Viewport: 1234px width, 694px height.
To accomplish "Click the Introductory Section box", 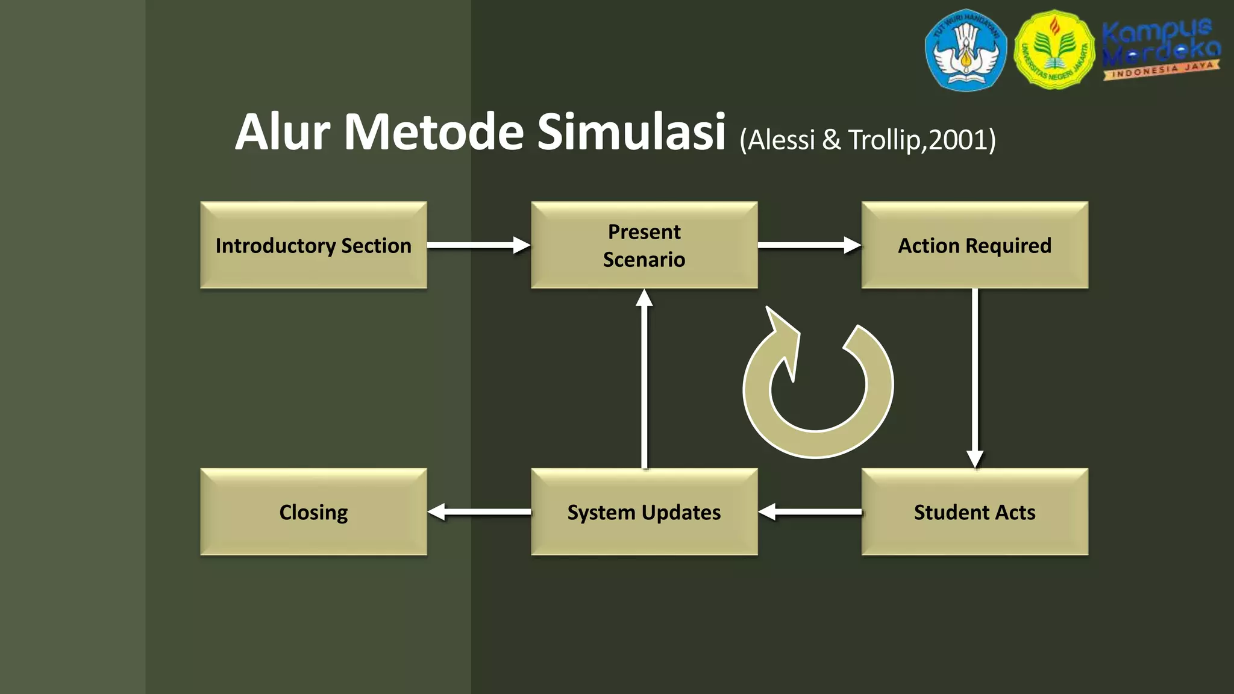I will (313, 245).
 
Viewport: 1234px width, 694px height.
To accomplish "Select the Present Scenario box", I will (644, 245).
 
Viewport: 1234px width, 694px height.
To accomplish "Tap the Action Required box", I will (974, 245).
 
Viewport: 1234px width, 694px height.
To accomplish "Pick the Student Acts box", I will (974, 512).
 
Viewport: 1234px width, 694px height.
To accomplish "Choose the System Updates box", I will (644, 512).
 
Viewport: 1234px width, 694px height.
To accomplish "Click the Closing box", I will (313, 512).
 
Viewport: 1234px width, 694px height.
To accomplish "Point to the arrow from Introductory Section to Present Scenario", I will (478, 245).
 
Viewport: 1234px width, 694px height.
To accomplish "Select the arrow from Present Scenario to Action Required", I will (809, 245).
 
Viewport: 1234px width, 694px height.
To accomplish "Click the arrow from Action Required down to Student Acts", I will (975, 378).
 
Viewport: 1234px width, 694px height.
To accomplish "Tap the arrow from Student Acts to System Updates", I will (810, 512).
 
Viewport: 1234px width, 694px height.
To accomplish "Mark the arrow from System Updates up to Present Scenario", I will (645, 378).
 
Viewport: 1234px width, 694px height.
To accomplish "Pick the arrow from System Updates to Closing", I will (479, 512).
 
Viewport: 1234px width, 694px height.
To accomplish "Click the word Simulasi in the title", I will (631, 132).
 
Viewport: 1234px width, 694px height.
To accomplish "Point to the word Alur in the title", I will (283, 132).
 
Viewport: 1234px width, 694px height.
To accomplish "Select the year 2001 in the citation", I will (957, 140).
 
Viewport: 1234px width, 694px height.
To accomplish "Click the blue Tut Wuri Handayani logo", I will (966, 50).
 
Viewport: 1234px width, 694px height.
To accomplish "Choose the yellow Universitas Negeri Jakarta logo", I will (1054, 50).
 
